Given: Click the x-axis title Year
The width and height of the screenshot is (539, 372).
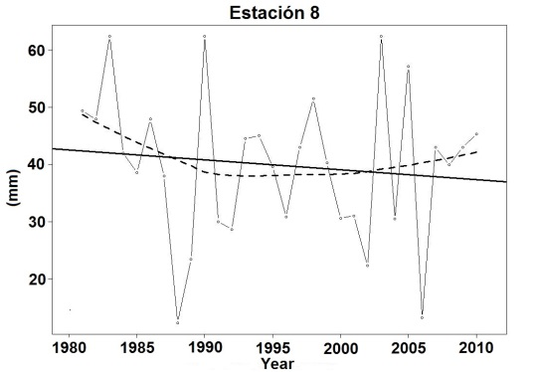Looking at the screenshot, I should pyautogui.click(x=276, y=364).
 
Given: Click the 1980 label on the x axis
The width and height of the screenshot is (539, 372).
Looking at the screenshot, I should pyautogui.click(x=69, y=349).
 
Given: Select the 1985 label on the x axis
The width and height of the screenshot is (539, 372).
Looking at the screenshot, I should pyautogui.click(x=136, y=349).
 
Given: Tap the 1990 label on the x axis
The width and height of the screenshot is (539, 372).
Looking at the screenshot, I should pyautogui.click(x=205, y=349).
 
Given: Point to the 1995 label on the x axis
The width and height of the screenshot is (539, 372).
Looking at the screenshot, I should pyautogui.click(x=272, y=349).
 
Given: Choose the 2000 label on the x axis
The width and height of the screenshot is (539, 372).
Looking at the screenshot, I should pyautogui.click(x=340, y=349).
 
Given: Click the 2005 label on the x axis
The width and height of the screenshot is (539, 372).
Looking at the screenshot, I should pyautogui.click(x=408, y=349).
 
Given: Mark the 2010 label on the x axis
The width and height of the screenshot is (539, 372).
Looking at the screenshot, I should pyautogui.click(x=476, y=349).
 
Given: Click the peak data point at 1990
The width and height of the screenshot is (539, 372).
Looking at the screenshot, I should pyautogui.click(x=205, y=37).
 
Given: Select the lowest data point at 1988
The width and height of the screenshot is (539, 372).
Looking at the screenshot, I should pyautogui.click(x=178, y=322).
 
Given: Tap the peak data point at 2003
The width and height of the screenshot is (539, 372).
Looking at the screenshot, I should pyautogui.click(x=381, y=37).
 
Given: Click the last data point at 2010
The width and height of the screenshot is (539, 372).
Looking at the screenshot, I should pyautogui.click(x=476, y=134).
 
